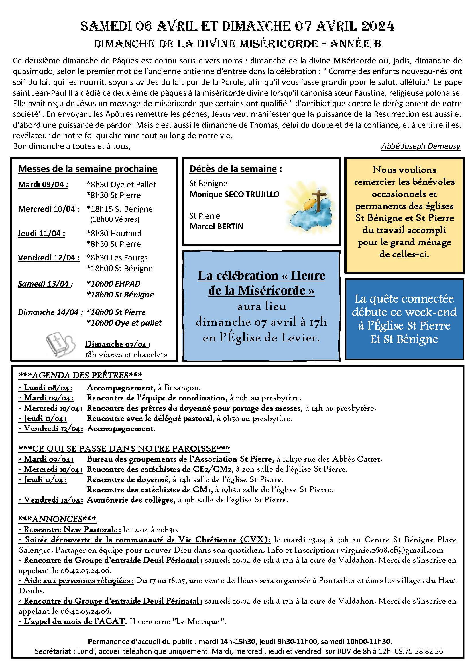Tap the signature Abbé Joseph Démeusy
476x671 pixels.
[420, 146]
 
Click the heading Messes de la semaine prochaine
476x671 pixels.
[88, 169]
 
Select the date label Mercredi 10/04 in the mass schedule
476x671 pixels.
[49, 209]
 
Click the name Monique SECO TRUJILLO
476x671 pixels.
[235, 194]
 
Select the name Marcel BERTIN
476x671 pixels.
[216, 227]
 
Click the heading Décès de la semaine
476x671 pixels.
[233, 169]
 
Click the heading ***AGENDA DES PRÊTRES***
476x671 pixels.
[80, 376]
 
